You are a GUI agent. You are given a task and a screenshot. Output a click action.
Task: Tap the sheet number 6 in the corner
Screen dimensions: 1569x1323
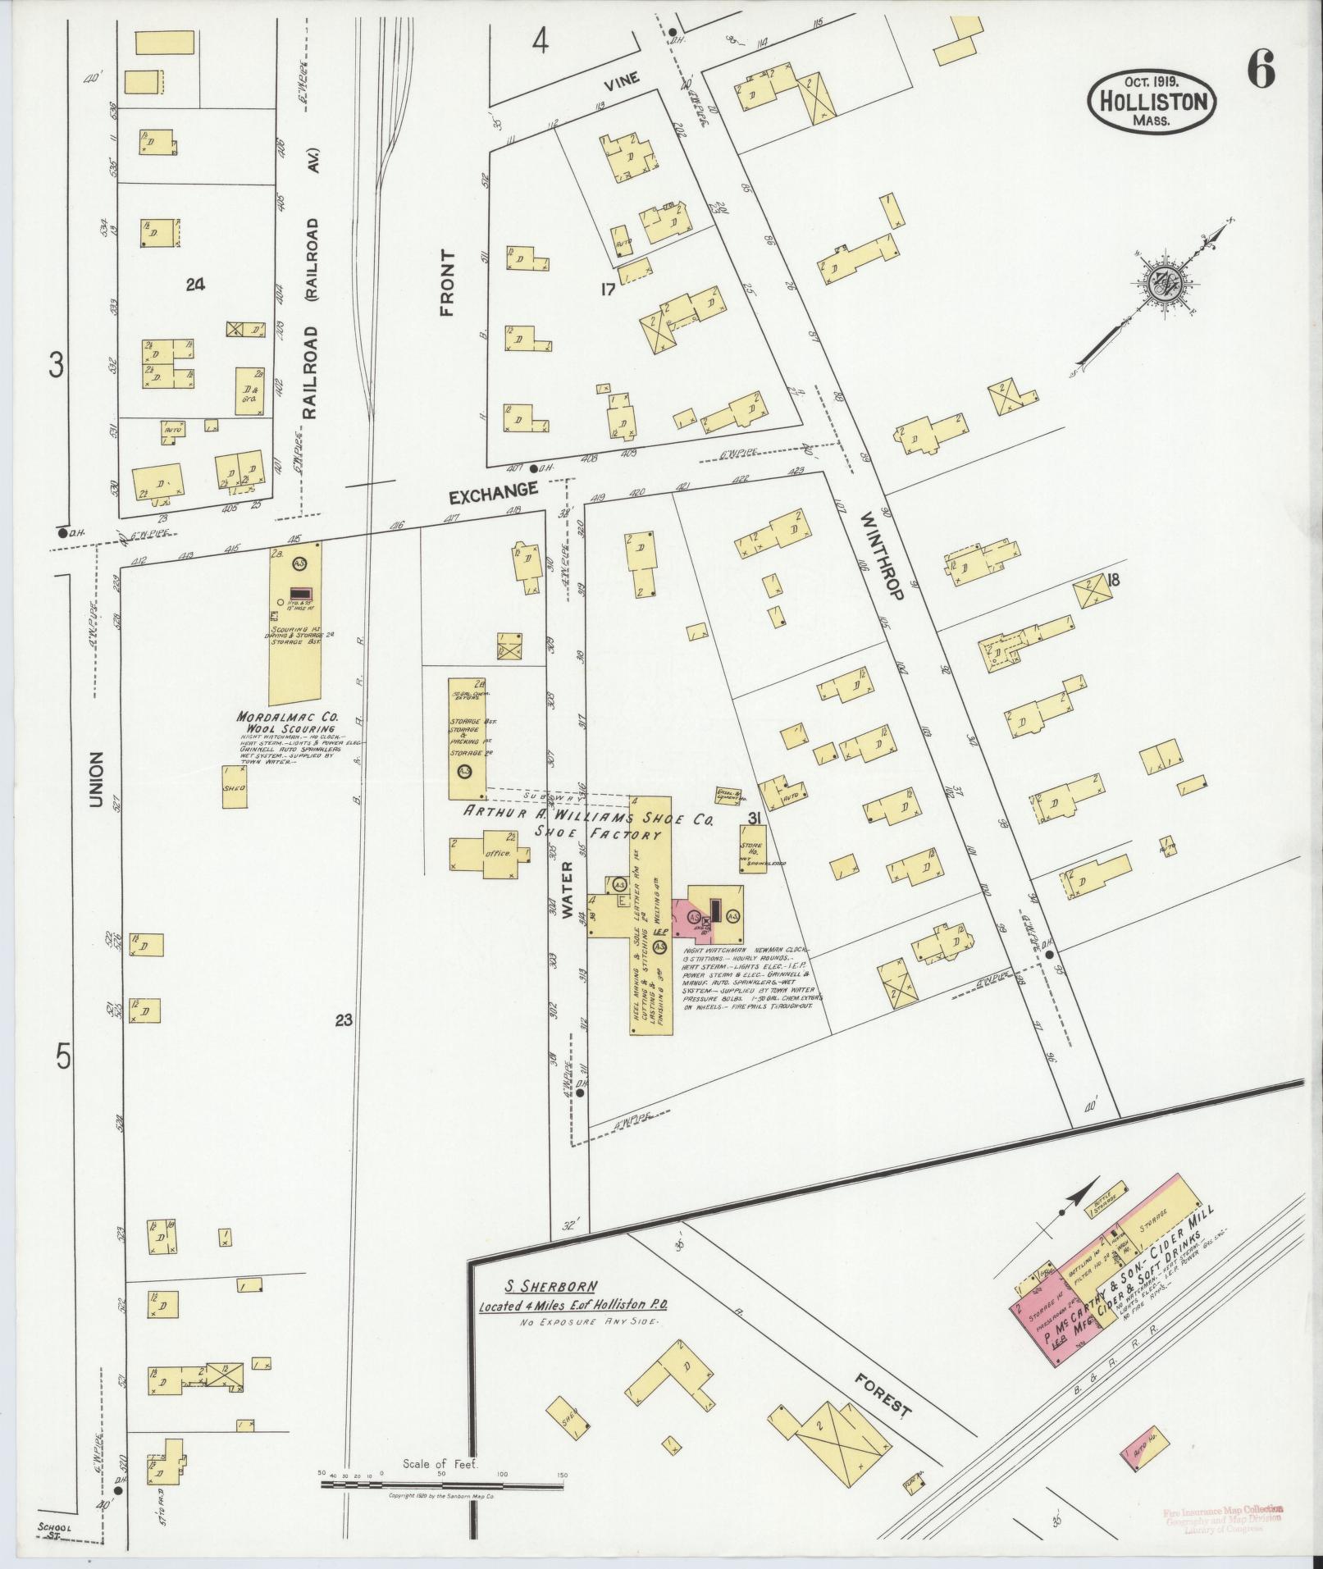point(1261,73)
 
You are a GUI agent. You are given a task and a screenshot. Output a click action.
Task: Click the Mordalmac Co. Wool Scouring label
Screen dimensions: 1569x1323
point(286,722)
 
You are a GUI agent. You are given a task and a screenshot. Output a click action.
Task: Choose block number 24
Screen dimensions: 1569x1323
point(195,285)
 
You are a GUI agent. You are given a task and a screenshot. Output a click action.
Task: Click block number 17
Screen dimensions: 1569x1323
point(607,289)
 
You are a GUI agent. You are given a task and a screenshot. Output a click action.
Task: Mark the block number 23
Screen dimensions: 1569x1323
point(344,1020)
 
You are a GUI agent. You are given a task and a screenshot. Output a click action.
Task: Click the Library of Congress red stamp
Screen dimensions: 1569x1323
point(1224,1520)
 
